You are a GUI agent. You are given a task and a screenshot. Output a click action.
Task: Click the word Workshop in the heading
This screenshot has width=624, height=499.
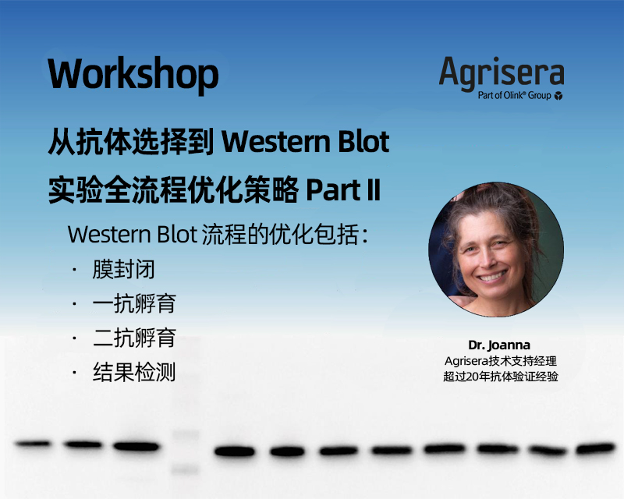133,74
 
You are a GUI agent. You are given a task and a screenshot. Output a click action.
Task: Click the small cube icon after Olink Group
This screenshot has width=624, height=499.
558,96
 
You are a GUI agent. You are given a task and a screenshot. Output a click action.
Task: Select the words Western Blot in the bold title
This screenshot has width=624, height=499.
306,143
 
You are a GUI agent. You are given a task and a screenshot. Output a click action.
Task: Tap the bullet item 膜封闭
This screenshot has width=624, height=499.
133,270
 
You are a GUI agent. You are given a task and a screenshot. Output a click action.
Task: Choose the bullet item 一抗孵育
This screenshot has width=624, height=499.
144,304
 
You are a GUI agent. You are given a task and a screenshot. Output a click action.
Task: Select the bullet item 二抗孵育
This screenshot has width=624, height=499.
144,338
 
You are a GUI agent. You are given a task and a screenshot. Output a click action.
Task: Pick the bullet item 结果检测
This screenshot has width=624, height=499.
144,373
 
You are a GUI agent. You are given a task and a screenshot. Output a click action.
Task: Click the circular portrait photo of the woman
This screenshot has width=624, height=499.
495,249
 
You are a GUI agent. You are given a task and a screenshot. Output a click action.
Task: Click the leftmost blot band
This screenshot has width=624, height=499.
32,444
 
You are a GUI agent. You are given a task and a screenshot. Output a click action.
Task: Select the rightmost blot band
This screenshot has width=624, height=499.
595,448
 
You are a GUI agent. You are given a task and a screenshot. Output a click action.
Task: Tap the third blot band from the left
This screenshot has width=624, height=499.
136,446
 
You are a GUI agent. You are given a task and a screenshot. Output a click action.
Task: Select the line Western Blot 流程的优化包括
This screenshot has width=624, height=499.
218,235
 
